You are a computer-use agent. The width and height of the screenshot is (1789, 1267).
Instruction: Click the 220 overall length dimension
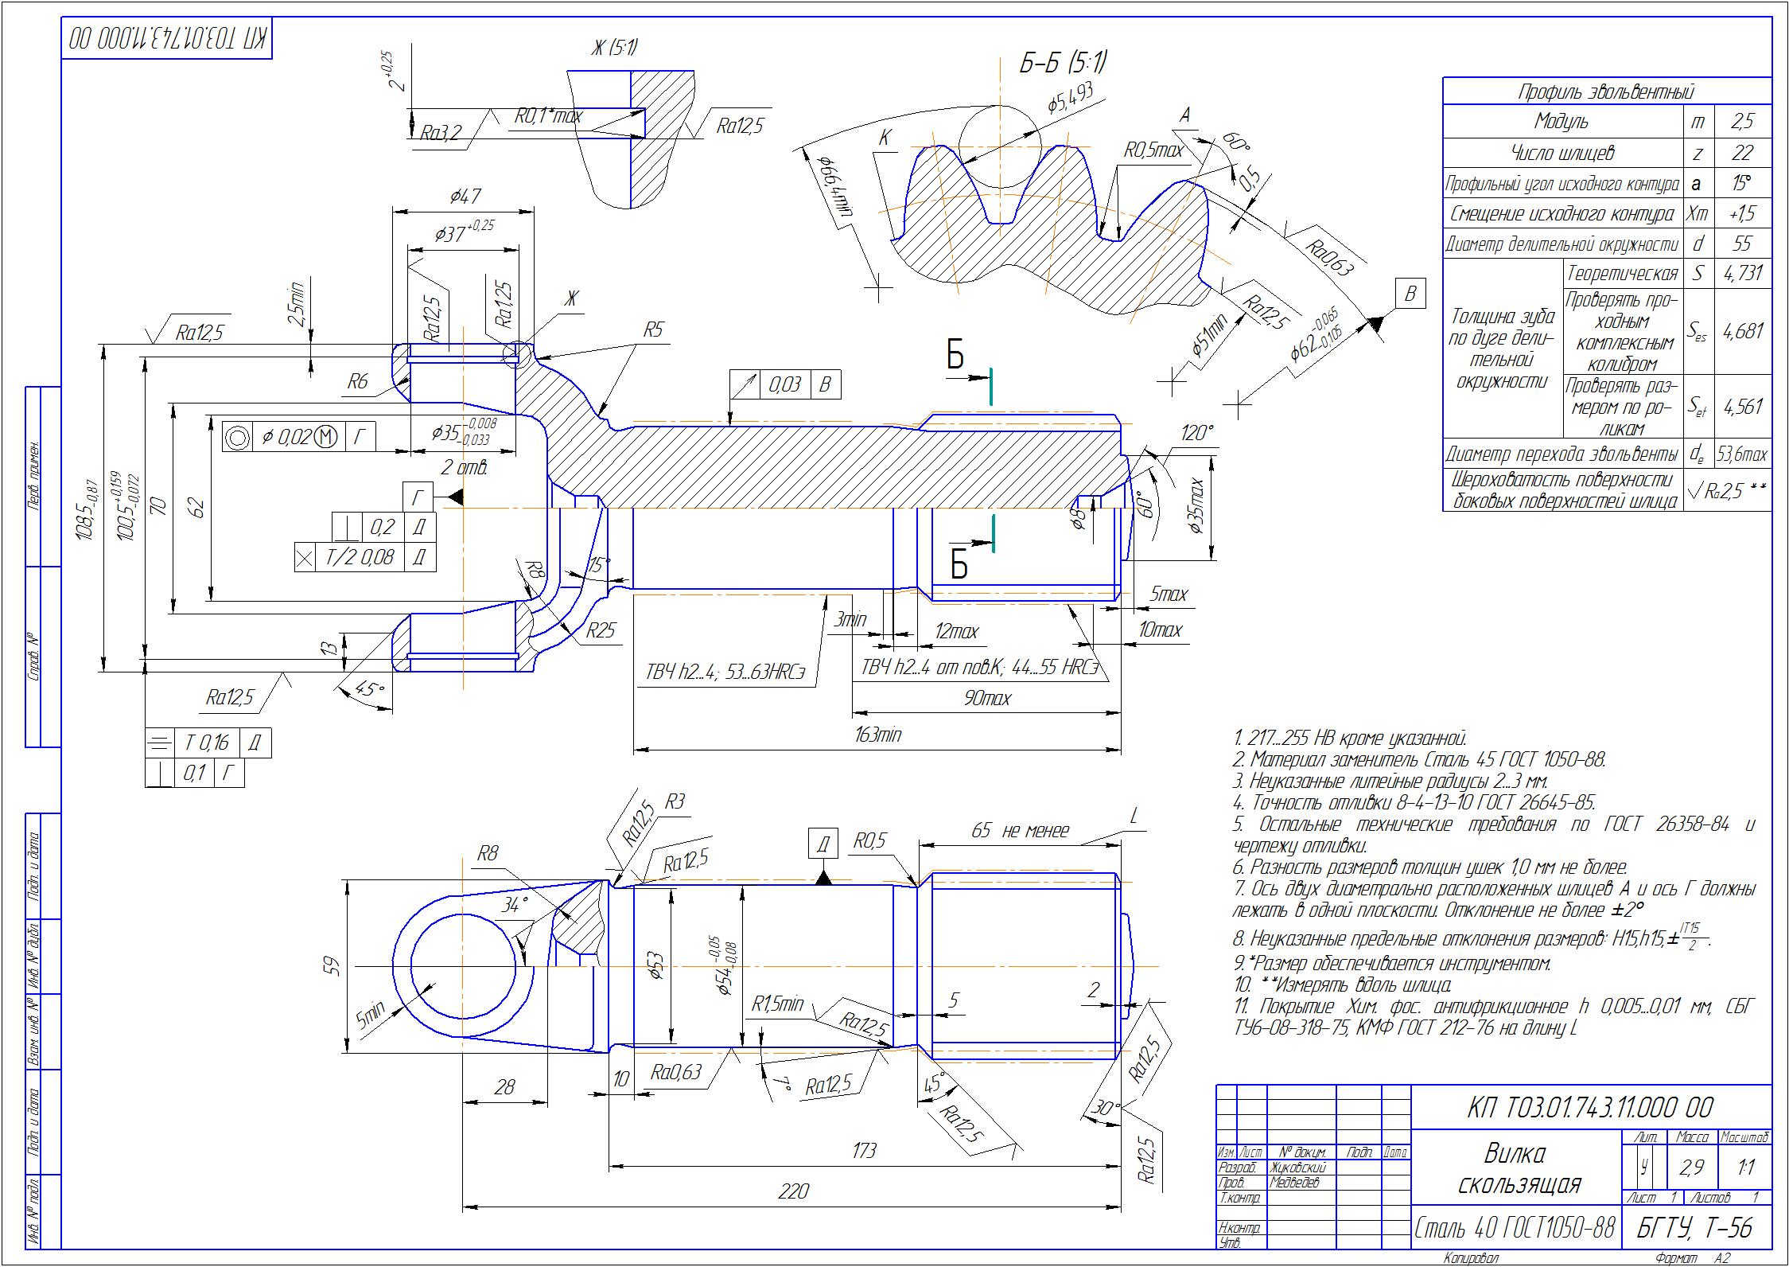(x=793, y=1191)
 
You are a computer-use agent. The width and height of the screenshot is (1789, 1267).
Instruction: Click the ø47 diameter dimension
(x=464, y=196)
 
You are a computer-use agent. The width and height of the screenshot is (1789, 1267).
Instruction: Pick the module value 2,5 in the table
(x=1742, y=123)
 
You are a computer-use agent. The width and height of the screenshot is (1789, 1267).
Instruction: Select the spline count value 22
(x=1742, y=153)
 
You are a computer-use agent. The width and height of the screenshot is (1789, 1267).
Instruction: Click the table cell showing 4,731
(x=1742, y=273)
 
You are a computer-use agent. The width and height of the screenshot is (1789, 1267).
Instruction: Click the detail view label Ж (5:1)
(x=613, y=49)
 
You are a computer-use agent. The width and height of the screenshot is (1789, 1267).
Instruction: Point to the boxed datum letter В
(x=1410, y=294)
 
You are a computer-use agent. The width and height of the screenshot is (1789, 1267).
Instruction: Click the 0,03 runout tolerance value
(x=784, y=386)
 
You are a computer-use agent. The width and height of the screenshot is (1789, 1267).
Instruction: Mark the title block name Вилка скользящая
(x=1515, y=1168)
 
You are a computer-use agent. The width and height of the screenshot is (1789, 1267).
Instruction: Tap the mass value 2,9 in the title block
(x=1691, y=1168)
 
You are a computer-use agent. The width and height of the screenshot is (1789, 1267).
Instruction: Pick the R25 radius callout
(x=601, y=631)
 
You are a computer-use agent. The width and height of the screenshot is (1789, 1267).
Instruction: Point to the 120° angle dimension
(x=1197, y=434)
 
